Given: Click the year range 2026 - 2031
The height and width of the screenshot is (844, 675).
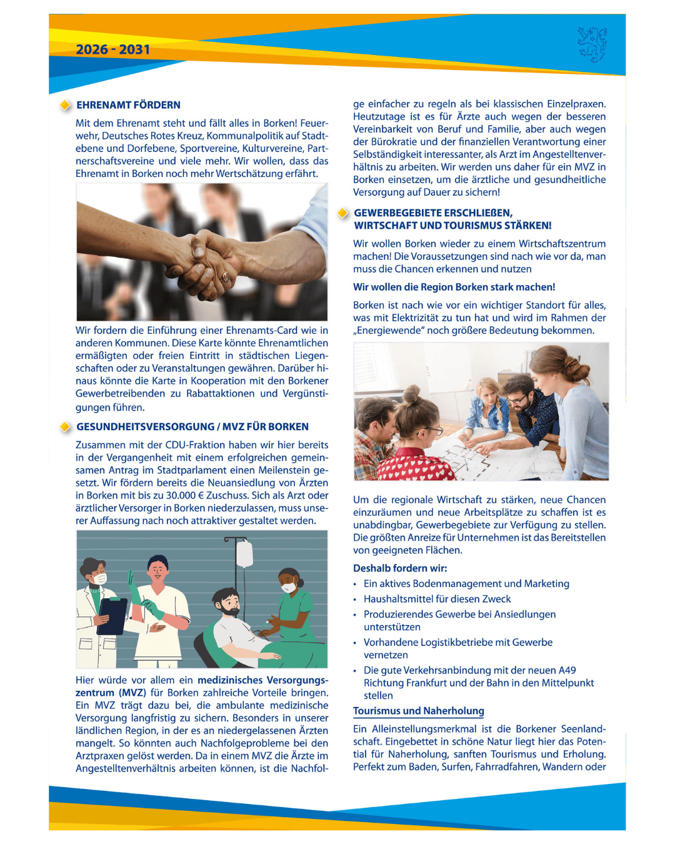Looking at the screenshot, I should click(x=112, y=49).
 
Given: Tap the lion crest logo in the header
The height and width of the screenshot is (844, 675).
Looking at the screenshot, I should click(x=592, y=44).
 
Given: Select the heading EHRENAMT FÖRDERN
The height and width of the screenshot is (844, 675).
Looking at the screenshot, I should click(x=128, y=105).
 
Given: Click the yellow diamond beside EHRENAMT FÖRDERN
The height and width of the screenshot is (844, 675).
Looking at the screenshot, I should click(x=65, y=105).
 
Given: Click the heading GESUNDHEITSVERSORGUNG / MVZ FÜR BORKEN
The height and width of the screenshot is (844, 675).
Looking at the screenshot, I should click(x=192, y=426).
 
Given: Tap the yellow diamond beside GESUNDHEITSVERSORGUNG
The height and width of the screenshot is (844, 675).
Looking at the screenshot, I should click(x=65, y=427).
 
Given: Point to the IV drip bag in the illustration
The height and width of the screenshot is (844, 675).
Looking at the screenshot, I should click(x=244, y=553).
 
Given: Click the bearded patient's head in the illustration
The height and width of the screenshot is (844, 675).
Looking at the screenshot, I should click(x=227, y=601).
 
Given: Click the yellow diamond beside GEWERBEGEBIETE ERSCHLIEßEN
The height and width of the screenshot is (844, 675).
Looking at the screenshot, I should click(x=342, y=213).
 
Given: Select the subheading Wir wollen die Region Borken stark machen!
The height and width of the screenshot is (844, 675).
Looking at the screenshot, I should click(x=454, y=287).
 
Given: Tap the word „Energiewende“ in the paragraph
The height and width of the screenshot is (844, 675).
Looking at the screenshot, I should click(x=388, y=330).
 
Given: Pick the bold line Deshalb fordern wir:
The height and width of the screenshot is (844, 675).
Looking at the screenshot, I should click(x=400, y=568).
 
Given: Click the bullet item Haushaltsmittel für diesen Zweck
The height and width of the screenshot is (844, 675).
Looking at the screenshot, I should click(x=437, y=599).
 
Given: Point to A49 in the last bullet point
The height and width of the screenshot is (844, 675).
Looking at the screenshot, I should click(x=567, y=670).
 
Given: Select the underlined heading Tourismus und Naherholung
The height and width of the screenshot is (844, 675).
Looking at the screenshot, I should click(x=418, y=711).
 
